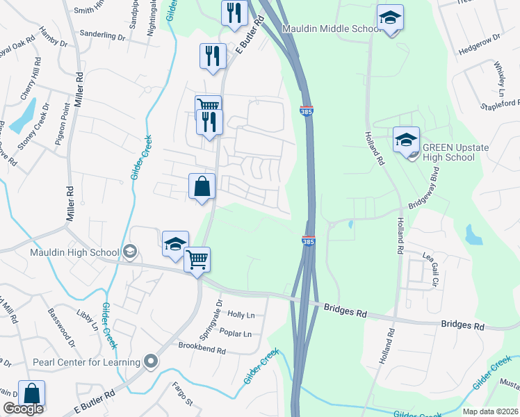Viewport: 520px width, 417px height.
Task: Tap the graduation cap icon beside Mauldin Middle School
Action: tap(390, 18)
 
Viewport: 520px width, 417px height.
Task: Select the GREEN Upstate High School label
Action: tap(448, 152)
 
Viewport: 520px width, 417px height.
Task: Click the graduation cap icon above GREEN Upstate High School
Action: tap(406, 140)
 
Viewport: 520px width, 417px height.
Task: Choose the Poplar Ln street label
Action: tap(235, 334)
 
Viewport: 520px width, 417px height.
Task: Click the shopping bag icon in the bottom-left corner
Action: tap(31, 393)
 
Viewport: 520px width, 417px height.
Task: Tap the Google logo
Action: tap(24, 409)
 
